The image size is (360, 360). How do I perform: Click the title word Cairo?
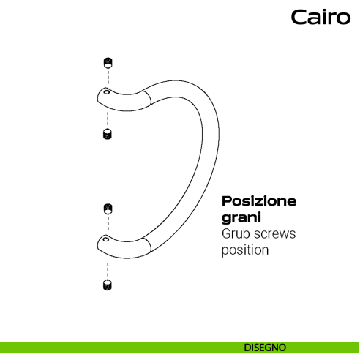click(x=320, y=18)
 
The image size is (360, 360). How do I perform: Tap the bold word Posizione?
click(x=259, y=201)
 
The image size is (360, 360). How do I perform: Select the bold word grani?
click(x=241, y=218)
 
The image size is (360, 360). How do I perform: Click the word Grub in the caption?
click(x=236, y=234)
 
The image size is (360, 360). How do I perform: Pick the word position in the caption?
click(x=246, y=250)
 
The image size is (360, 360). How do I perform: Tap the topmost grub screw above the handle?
click(x=107, y=61)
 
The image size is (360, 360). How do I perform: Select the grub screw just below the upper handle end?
click(x=107, y=135)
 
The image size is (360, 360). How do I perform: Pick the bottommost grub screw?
click(x=107, y=285)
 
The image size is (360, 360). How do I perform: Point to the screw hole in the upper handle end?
click(x=106, y=93)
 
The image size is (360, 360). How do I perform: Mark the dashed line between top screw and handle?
click(x=107, y=77)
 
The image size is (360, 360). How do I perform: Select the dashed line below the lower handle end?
click(x=107, y=265)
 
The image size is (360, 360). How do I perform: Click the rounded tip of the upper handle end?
click(x=97, y=95)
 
